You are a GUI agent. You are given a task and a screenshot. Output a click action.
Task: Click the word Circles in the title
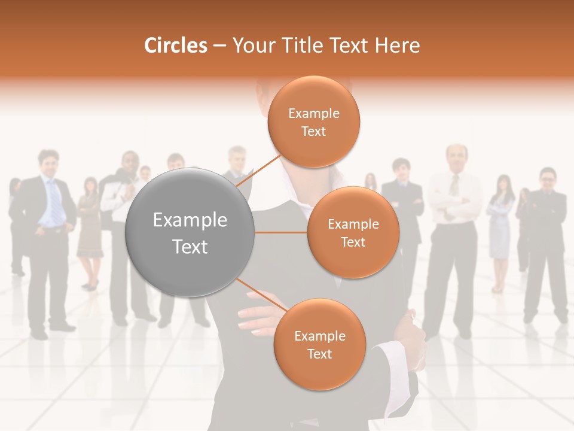[x=175, y=45]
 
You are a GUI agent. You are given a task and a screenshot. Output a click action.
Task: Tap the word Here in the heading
[x=397, y=45]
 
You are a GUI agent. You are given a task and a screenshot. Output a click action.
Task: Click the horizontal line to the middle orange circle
[x=281, y=232]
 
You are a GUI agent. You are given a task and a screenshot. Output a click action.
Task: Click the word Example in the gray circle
[x=190, y=220]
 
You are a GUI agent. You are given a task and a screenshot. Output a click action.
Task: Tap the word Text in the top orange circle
[x=314, y=132]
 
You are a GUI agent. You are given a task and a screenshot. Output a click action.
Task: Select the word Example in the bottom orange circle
[x=320, y=336]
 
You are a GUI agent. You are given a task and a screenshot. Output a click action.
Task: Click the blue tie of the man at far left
[x=54, y=201]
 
